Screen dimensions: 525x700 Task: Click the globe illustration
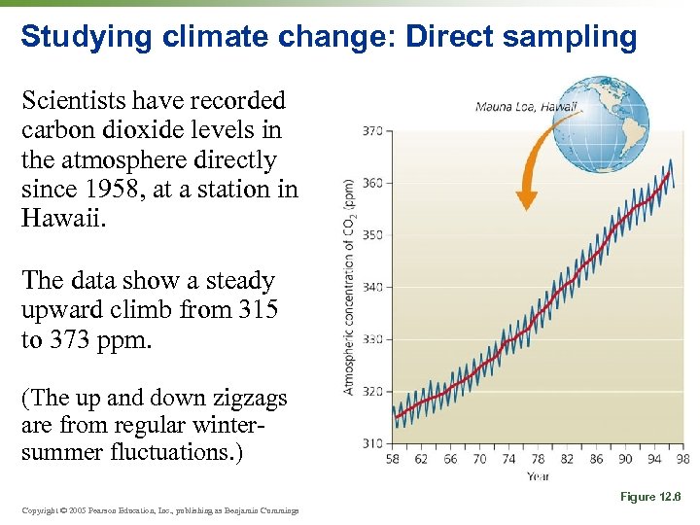point(611,122)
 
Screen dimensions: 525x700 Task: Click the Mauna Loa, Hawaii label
point(526,107)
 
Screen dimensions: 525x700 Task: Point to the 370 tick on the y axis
point(372,130)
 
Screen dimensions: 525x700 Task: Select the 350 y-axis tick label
point(372,235)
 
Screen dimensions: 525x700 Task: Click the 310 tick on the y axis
point(372,443)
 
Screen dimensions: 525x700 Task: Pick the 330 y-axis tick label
point(372,339)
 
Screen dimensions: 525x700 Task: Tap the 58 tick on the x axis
point(393,459)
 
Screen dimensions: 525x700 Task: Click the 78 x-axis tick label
point(538,459)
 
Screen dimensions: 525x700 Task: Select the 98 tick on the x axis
point(682,459)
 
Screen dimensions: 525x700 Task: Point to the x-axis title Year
point(538,476)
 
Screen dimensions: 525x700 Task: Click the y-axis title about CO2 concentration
point(349,287)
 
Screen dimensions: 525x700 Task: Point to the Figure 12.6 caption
point(650,497)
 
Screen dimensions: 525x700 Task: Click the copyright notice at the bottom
point(159,510)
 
